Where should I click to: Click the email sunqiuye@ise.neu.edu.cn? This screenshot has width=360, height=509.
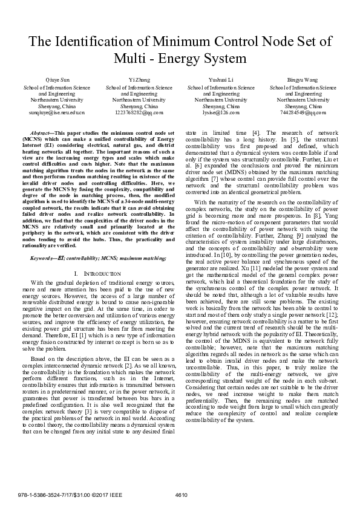[53, 112]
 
